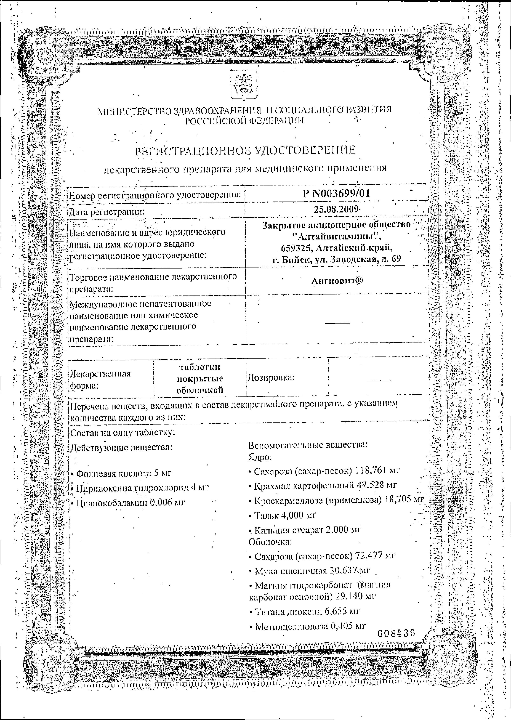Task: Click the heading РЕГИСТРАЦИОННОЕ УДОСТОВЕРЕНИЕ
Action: coord(245,151)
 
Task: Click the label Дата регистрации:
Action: coord(107,212)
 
